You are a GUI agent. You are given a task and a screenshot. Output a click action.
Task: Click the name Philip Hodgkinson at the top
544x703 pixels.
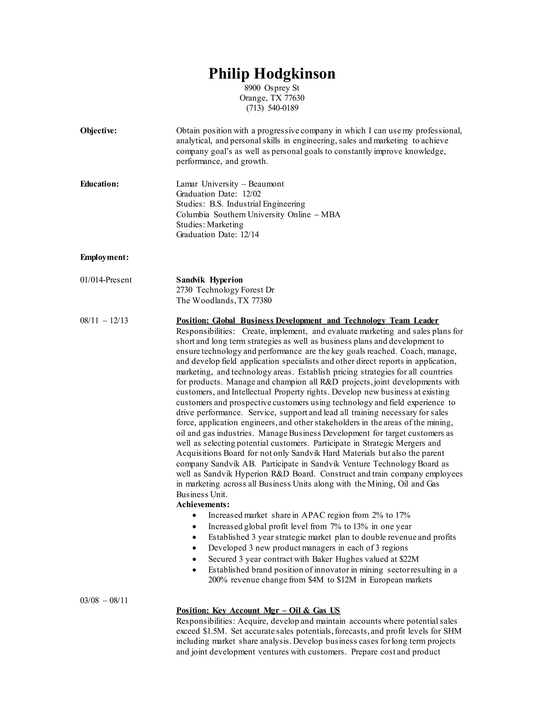272,74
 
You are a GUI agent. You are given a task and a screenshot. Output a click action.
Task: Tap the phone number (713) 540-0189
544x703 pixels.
272,108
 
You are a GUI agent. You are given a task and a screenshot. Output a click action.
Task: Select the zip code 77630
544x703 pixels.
294,98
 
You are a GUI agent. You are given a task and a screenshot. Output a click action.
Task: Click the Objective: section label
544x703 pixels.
98,131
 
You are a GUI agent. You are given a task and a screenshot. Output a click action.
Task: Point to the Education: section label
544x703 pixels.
99,184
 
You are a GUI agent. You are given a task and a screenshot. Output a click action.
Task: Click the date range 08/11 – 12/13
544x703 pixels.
104,321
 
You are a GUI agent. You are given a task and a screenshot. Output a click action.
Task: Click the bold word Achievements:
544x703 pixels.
203,504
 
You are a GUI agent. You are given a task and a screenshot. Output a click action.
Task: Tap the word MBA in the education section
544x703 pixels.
331,214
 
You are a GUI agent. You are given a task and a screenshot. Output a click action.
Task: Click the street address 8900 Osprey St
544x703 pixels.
272,88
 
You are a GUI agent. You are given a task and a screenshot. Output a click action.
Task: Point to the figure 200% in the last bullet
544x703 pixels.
218,580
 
